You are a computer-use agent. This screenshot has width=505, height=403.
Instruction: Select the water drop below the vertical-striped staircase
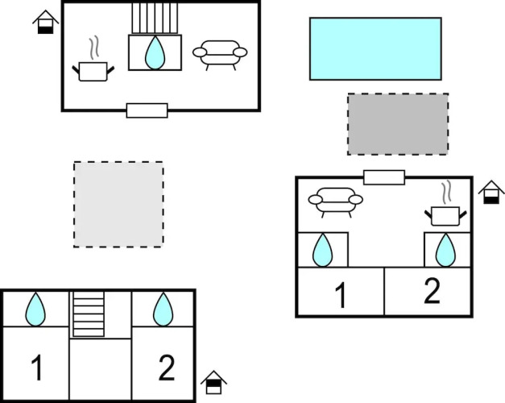tap(155, 53)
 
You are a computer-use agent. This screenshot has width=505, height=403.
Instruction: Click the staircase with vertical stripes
tap(155, 17)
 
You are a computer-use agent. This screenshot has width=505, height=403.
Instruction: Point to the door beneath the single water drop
tap(147, 110)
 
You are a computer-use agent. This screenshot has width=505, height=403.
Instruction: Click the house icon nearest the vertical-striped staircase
tap(46, 22)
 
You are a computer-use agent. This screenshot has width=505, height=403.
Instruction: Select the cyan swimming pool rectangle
tap(375, 48)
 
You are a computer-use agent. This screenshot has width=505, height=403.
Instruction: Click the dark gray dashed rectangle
tap(398, 123)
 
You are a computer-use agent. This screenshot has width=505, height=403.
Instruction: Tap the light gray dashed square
tap(118, 204)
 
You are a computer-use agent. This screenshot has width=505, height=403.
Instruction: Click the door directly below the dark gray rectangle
tap(383, 177)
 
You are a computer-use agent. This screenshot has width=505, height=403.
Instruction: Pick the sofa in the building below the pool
tap(335, 201)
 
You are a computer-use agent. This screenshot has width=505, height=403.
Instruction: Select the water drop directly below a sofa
tap(323, 250)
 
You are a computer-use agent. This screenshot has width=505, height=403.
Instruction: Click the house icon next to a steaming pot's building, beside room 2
tap(491, 193)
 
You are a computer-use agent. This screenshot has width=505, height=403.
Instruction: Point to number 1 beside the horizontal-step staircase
tap(36, 368)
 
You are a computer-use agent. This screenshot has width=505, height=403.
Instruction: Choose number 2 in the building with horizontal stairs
tap(166, 368)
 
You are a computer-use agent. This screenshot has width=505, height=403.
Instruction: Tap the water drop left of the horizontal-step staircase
tap(35, 309)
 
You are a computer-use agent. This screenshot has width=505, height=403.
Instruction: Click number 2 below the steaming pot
tap(432, 292)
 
